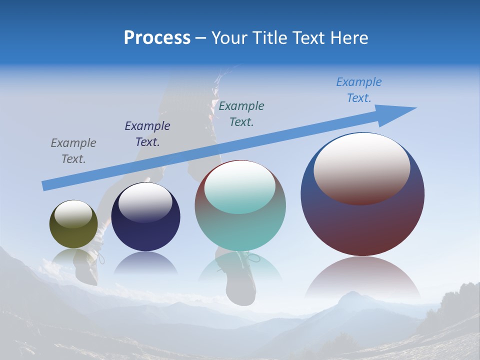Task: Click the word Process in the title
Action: (157, 38)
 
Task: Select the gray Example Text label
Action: (73, 150)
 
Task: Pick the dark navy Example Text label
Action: (147, 133)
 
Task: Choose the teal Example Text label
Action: (241, 113)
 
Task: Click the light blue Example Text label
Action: (358, 90)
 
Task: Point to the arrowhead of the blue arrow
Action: (400, 113)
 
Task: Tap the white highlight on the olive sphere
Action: (73, 213)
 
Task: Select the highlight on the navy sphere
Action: (145, 201)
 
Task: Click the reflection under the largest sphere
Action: (362, 277)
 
